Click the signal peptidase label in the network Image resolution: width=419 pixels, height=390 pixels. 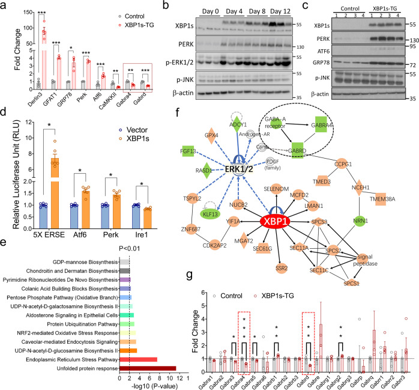tap(387, 249)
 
